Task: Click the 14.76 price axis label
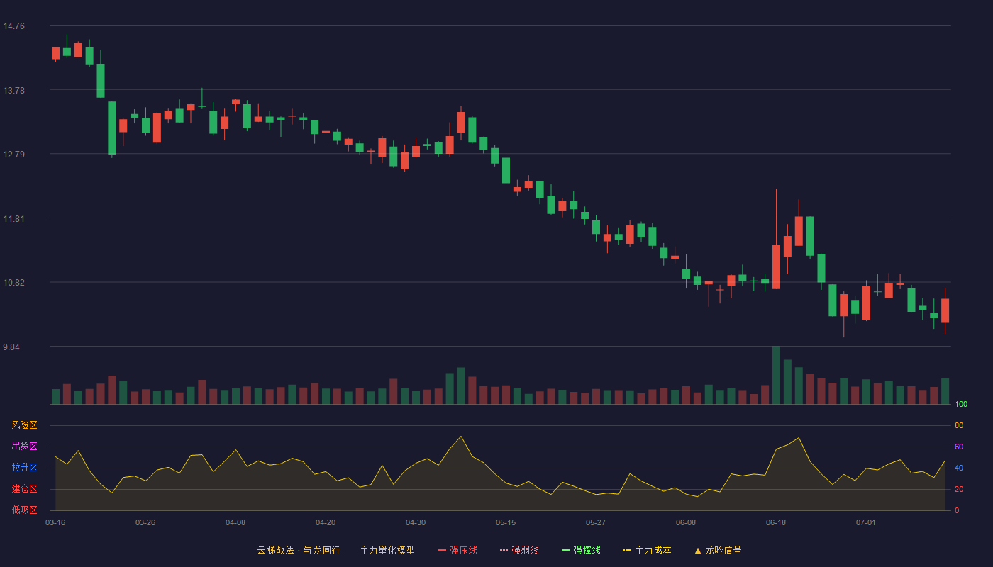pos(13,26)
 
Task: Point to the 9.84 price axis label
pos(11,347)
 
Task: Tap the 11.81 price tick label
pos(13,219)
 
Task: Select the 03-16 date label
pos(55,523)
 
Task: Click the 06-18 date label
pos(776,523)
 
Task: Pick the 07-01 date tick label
pos(866,523)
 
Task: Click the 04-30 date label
pos(416,523)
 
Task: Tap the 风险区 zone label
pos(24,425)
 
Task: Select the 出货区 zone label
pos(24,446)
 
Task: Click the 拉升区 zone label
pos(24,467)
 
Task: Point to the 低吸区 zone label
pos(24,510)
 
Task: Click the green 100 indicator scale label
pos(961,404)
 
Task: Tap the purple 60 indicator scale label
pos(959,447)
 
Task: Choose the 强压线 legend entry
pos(457,550)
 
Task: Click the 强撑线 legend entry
pos(581,550)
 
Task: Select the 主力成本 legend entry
pos(647,550)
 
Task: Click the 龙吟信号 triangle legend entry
pos(718,550)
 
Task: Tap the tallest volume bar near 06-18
pos(776,375)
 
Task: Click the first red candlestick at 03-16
pos(55,54)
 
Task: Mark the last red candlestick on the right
pos(945,310)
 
